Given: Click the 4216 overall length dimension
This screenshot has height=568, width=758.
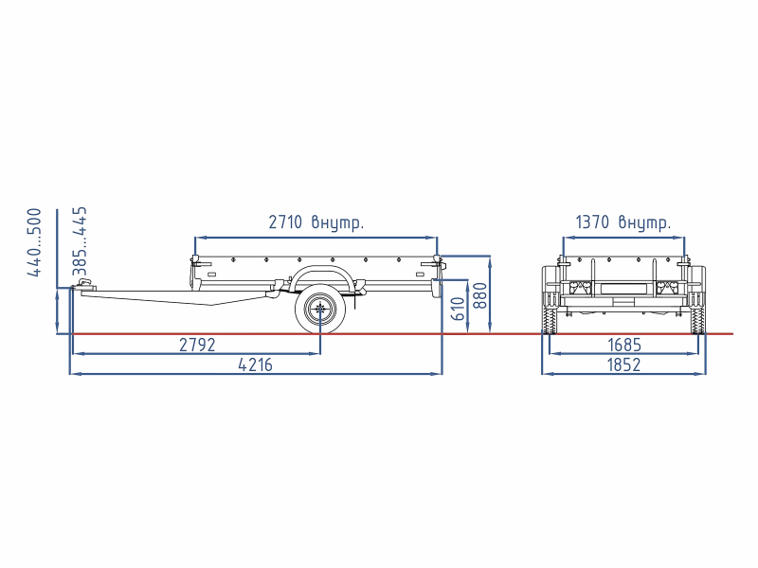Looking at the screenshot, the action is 255,365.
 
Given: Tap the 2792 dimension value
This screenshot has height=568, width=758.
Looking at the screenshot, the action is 197,345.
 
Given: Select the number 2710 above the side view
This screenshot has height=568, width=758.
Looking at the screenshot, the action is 285,222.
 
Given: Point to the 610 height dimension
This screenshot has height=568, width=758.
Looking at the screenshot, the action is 458,309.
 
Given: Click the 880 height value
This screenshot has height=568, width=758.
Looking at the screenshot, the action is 480,295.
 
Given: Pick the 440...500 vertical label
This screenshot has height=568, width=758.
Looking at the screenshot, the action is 34,242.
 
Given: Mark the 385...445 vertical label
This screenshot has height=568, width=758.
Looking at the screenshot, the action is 80,241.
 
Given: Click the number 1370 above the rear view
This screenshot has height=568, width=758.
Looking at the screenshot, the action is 592,222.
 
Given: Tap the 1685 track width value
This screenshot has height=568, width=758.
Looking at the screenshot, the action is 624,345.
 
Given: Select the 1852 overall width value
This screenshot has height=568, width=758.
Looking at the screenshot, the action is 623,365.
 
